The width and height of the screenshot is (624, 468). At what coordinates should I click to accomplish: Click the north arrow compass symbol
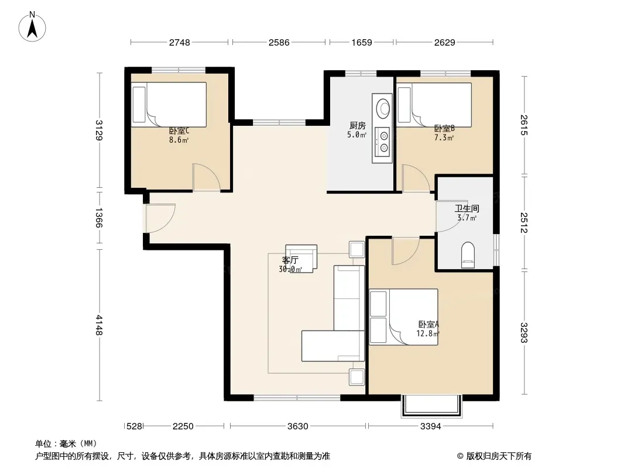32,27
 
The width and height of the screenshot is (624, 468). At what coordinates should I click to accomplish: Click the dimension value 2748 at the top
180,43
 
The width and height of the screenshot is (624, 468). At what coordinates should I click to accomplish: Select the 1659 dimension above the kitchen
361,43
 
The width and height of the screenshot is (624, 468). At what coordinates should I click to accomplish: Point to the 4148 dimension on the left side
99,325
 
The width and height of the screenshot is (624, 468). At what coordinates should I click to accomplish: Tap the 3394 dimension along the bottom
431,426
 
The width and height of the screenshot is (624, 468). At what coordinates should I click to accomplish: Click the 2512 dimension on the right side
524,223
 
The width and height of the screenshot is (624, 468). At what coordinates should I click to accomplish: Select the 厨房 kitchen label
358,126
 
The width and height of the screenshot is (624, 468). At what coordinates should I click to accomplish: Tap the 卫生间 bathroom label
467,208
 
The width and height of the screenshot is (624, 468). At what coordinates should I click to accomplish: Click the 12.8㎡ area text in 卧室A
428,333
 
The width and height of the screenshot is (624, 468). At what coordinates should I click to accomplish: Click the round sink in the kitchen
383,108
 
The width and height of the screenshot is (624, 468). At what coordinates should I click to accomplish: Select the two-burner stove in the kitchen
383,142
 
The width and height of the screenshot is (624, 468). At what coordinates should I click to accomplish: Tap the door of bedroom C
207,177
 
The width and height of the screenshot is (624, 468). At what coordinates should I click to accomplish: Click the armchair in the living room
301,259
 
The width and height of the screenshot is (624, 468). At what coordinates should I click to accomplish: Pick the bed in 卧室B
434,105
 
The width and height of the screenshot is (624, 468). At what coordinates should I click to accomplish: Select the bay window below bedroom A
431,406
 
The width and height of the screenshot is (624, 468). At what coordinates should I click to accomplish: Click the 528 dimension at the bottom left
134,426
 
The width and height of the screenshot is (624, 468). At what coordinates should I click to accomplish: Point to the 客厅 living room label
290,260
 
